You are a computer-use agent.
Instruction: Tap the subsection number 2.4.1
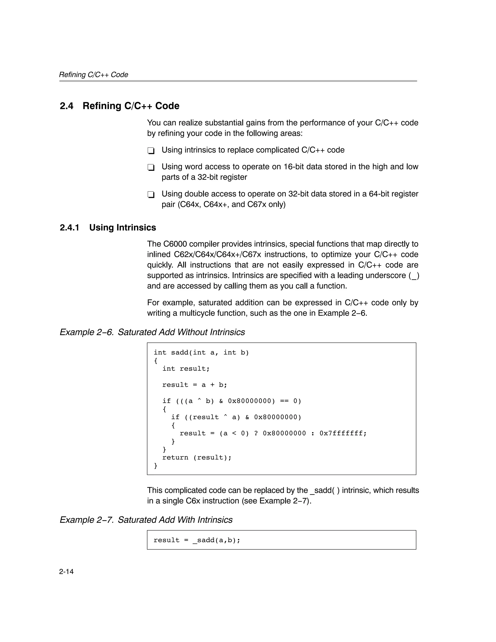click(x=70, y=228)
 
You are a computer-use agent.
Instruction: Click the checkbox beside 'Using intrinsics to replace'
click(x=151, y=151)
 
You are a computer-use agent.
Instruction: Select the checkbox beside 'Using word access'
click(x=151, y=168)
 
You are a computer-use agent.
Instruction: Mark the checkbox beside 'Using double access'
click(x=151, y=195)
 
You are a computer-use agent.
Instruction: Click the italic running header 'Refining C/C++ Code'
click(x=93, y=75)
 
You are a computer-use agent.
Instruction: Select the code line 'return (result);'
click(x=197, y=457)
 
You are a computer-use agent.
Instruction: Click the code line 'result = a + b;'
click(x=195, y=385)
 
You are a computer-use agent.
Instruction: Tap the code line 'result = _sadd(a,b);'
click(x=197, y=540)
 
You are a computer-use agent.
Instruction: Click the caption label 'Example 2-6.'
click(x=86, y=332)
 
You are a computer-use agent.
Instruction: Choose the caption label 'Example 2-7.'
click(x=86, y=520)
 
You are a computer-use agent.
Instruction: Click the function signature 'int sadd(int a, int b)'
click(x=201, y=352)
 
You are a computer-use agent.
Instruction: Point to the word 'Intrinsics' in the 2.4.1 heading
click(x=136, y=228)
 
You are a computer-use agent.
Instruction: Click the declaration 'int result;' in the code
click(x=186, y=369)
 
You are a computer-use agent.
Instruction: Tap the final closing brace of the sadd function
click(x=155, y=466)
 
